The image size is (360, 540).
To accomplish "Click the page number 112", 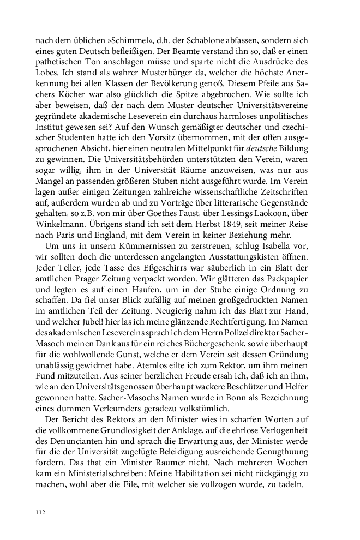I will click(40, 513).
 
